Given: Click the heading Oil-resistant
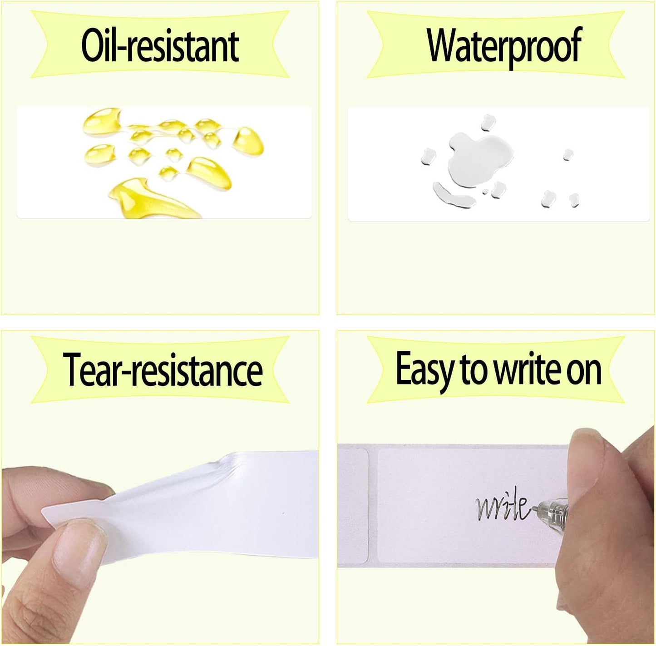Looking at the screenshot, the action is coord(160,46).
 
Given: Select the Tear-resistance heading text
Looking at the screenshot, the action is coord(163,370).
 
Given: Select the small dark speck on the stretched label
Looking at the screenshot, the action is coord(283,513).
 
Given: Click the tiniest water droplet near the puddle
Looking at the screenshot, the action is coord(485,192).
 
